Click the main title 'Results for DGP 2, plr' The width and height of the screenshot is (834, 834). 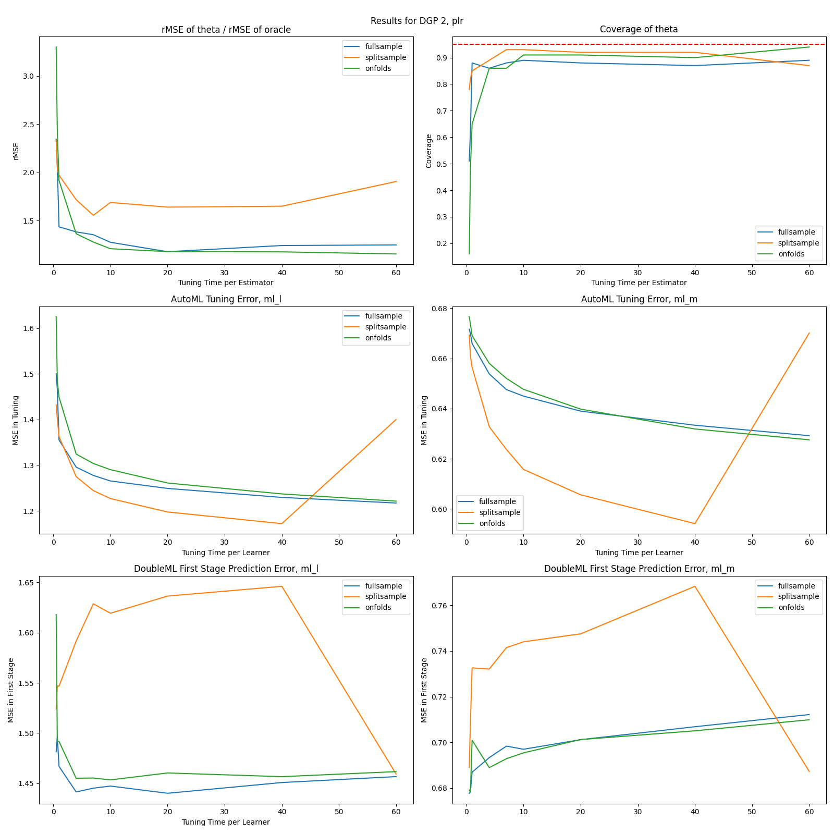point(416,21)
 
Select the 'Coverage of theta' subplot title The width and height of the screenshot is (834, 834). point(639,29)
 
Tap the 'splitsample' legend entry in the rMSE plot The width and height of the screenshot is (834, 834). point(385,57)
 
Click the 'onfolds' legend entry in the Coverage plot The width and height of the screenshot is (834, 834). point(791,254)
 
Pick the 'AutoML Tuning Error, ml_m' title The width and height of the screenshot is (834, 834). point(639,299)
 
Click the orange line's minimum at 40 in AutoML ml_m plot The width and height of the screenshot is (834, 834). point(694,523)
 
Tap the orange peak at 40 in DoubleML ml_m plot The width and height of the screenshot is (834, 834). point(694,586)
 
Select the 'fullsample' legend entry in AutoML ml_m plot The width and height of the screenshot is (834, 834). point(497,501)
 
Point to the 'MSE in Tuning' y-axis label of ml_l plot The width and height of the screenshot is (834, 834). point(16,420)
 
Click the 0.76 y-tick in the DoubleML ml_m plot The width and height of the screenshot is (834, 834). point(437,606)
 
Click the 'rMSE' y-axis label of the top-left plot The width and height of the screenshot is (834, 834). point(16,151)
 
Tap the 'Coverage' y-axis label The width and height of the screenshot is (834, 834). point(429,151)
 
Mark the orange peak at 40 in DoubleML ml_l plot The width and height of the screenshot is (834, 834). point(281,586)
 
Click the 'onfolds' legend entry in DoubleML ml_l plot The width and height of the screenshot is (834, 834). point(378,607)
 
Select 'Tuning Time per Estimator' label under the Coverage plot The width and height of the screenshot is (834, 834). point(639,283)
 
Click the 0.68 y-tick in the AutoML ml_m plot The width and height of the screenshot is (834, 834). point(437,309)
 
